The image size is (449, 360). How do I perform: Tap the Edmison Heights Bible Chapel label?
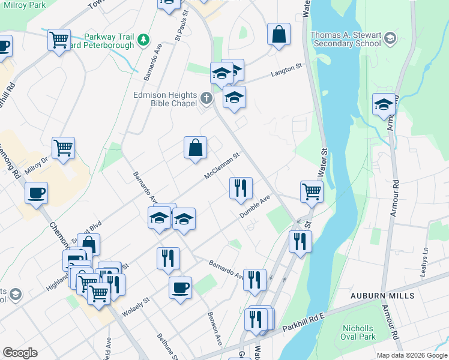pyautogui.click(x=165, y=99)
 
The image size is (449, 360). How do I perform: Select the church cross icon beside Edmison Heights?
pyautogui.click(x=206, y=97)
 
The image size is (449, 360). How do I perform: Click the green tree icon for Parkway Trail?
pyautogui.click(x=143, y=40)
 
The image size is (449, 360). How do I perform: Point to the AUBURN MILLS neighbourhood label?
pyautogui.click(x=383, y=296)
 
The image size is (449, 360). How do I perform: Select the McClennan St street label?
pyautogui.click(x=221, y=165)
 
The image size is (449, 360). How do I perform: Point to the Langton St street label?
pyautogui.click(x=285, y=71)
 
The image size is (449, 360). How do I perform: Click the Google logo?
pyautogui.click(x=20, y=353)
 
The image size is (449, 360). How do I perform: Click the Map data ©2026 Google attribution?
pyautogui.click(x=411, y=355)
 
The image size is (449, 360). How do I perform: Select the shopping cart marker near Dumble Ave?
pyautogui.click(x=312, y=192)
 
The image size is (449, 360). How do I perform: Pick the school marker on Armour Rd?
pyautogui.click(x=384, y=104)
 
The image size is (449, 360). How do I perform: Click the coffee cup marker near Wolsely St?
pyautogui.click(x=180, y=289)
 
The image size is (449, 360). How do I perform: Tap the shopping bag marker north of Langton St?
pyautogui.click(x=279, y=34)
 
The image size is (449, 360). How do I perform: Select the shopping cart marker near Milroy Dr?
pyautogui.click(x=63, y=147)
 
